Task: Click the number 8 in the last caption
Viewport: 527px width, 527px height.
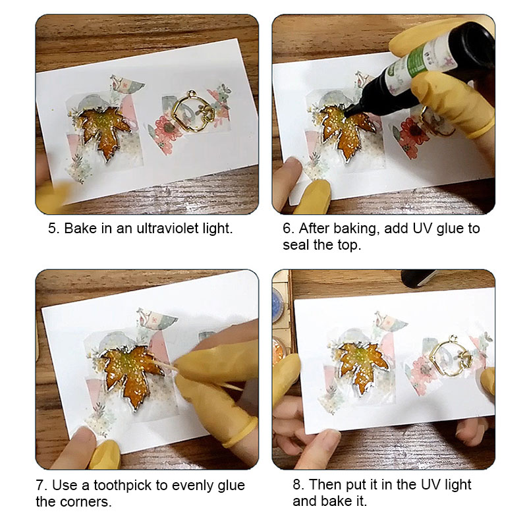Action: pyautogui.click(x=296, y=485)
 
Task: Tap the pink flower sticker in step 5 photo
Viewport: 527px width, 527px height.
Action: pyautogui.click(x=166, y=129)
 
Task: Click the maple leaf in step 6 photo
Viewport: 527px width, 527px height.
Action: pyautogui.click(x=348, y=133)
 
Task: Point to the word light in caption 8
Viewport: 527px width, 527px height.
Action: pyautogui.click(x=458, y=485)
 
